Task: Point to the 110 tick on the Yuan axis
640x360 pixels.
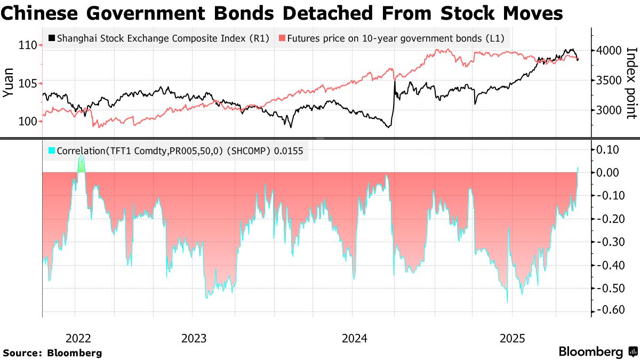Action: tap(26, 45)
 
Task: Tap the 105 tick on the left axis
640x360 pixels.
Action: tap(26, 84)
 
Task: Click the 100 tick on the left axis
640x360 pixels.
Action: tap(26, 122)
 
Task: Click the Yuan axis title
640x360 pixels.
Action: tap(9, 84)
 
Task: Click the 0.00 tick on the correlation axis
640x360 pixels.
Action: tap(608, 172)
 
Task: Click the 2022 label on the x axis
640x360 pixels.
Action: tap(78, 338)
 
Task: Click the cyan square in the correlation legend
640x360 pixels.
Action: tap(51, 151)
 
